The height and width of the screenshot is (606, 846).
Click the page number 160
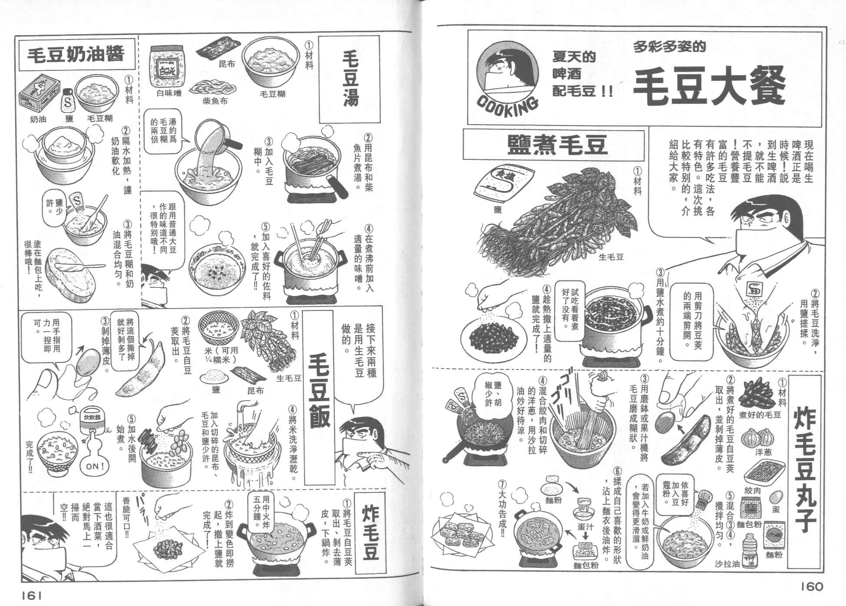(x=812, y=586)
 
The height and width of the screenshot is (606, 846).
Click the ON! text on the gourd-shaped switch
(x=95, y=466)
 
